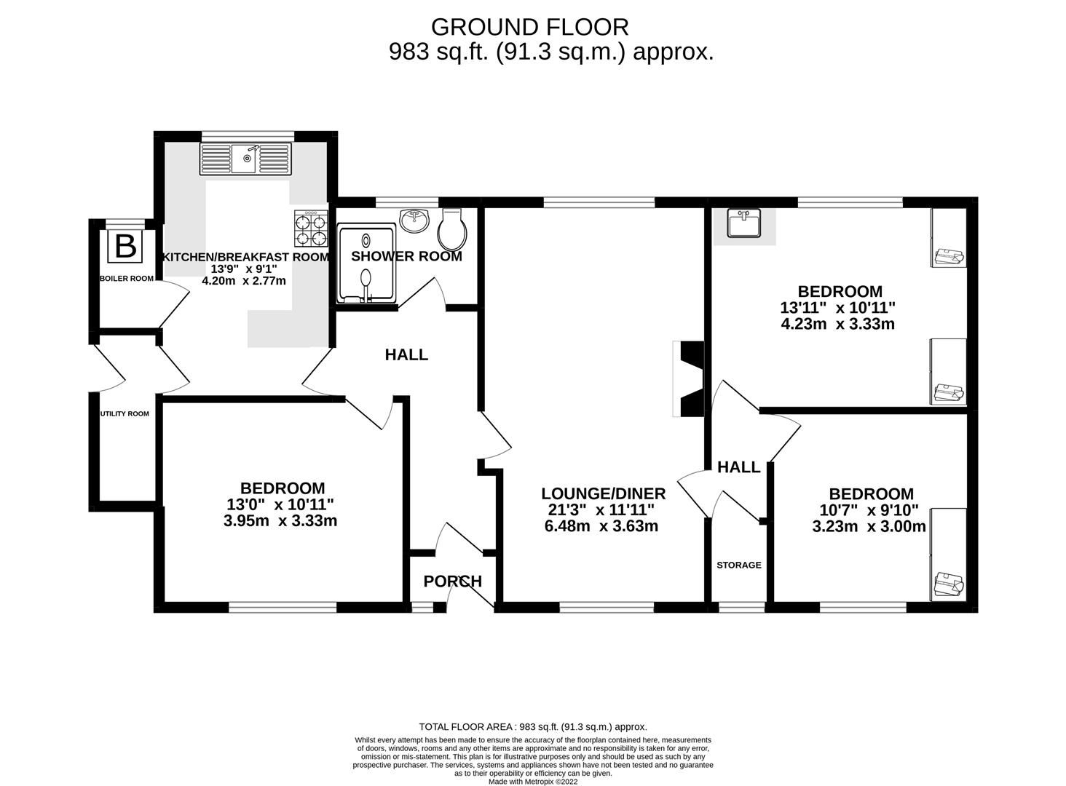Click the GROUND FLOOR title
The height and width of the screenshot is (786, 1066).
(529, 27)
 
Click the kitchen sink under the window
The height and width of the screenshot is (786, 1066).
(245, 158)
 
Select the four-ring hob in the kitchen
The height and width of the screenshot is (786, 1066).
(311, 230)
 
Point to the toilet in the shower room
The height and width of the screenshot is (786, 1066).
(451, 230)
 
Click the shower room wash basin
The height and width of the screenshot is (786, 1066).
(415, 221)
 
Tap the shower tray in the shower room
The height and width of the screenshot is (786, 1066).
(367, 263)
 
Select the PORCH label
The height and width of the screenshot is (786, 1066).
(452, 581)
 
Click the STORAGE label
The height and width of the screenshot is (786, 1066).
(738, 565)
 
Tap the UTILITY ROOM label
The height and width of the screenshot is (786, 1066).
(125, 413)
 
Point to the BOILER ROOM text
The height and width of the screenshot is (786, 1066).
(127, 278)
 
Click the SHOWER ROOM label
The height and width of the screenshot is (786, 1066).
(406, 256)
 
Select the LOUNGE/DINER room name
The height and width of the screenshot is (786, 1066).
(603, 494)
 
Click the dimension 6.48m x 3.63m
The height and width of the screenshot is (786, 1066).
(601, 525)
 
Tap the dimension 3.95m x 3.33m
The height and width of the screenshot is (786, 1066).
(280, 520)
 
